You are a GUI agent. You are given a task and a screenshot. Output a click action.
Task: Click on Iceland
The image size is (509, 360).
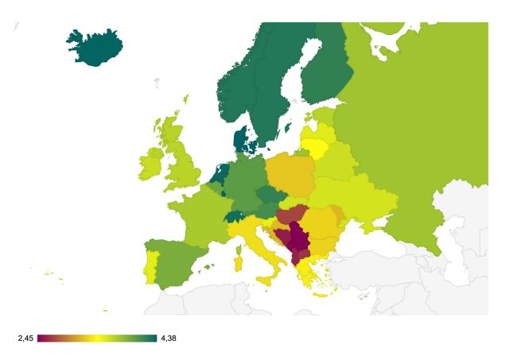[94, 48]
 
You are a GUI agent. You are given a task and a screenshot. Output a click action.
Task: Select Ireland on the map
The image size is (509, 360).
[150, 165]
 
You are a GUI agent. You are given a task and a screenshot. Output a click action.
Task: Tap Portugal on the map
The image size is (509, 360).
[150, 265]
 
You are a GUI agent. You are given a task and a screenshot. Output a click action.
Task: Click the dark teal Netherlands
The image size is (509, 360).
[220, 173]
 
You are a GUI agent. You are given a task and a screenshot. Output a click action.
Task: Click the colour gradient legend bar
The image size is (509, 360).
[97, 339]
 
